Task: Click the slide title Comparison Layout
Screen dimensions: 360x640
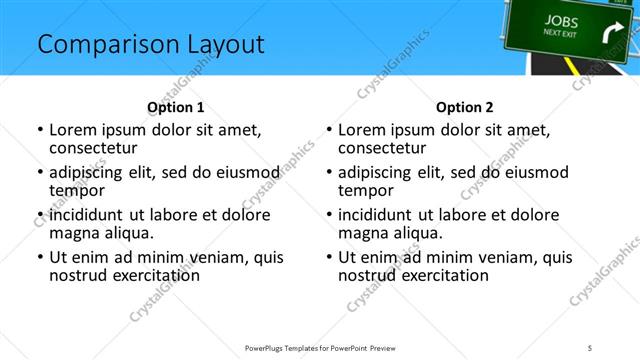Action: pos(150,45)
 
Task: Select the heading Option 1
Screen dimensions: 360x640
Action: pos(175,107)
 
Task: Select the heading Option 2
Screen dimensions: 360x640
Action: pos(464,107)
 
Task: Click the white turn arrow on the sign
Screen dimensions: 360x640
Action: pos(610,38)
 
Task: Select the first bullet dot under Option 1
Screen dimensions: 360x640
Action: pos(39,131)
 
